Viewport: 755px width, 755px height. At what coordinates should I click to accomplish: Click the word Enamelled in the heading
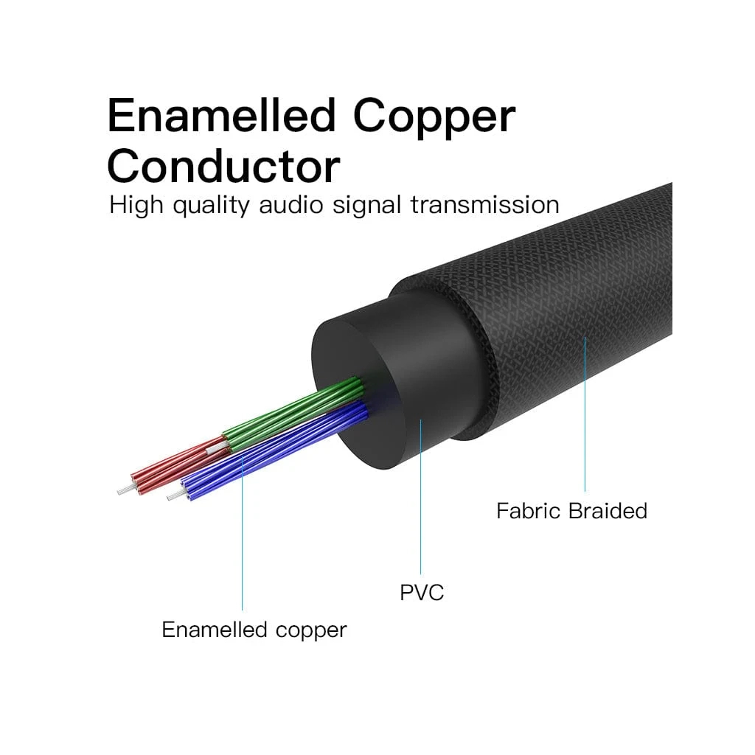point(222,116)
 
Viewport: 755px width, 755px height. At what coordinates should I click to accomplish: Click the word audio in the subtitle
point(292,204)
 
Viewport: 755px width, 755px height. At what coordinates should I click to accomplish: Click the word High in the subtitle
point(136,205)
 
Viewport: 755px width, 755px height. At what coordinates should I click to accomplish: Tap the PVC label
point(422,592)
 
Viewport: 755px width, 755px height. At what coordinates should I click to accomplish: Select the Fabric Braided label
point(571,511)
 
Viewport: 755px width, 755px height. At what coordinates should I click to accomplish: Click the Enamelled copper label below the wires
point(254,630)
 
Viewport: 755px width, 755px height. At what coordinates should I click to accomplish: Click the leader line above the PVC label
point(421,501)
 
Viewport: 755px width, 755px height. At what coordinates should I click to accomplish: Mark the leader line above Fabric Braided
point(585,413)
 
